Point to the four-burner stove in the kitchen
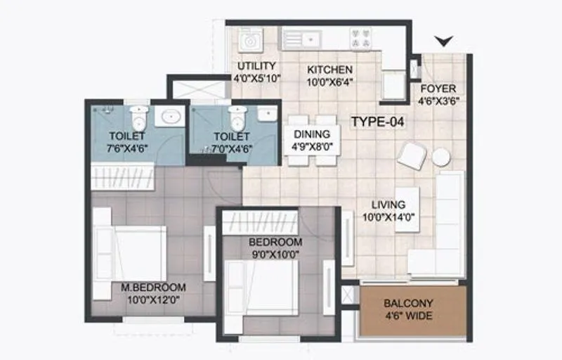[x=360, y=39]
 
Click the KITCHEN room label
[x=330, y=70]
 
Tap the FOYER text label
[x=438, y=89]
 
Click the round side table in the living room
[x=440, y=157]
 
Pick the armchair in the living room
[x=411, y=155]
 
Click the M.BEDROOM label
[x=152, y=287]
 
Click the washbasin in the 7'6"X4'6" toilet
[x=168, y=117]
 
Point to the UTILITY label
[x=257, y=66]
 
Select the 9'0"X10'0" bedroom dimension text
[x=275, y=254]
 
